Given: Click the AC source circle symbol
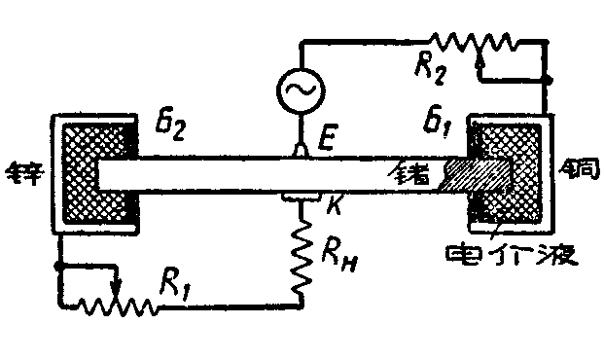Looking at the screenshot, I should pyautogui.click(x=301, y=90).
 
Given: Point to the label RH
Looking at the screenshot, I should pyautogui.click(x=332, y=256).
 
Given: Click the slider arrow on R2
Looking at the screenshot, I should pyautogui.click(x=481, y=60).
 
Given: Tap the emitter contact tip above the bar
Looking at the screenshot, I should pyautogui.click(x=301, y=150).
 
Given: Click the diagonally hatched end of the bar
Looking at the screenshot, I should pyautogui.click(x=477, y=176).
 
